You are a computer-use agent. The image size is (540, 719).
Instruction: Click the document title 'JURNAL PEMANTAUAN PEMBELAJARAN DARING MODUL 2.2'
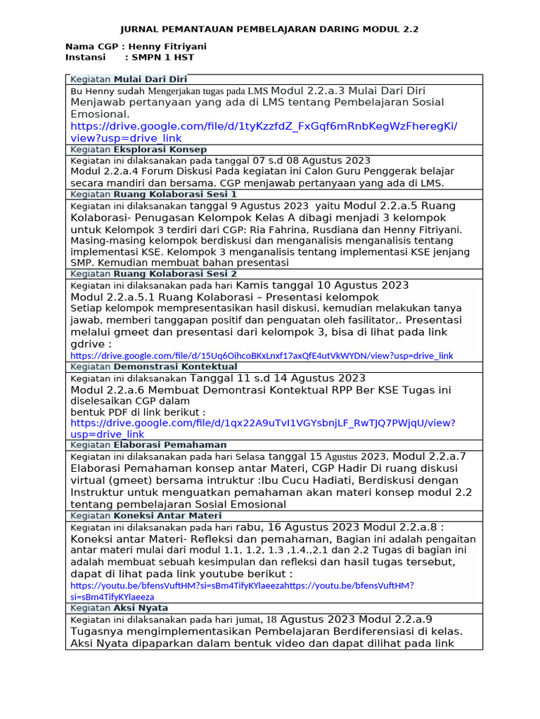click(x=269, y=29)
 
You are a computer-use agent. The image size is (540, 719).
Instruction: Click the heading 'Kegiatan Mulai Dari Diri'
click(x=129, y=79)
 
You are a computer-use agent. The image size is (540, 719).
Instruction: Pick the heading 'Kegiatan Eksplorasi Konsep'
click(x=139, y=150)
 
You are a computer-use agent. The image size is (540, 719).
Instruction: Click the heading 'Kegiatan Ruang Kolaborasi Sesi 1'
click(x=153, y=194)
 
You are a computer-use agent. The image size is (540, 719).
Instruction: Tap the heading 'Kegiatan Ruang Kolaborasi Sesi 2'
click(x=153, y=274)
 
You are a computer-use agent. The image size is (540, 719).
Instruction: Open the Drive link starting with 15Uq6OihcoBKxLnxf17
click(x=262, y=356)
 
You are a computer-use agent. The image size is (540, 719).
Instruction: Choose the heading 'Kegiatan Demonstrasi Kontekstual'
click(x=153, y=367)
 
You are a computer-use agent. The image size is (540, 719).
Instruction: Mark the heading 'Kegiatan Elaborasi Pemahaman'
click(x=148, y=444)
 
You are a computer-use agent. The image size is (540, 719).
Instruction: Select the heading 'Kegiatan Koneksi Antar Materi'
click(x=146, y=515)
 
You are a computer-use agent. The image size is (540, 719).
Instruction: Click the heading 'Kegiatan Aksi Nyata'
click(x=119, y=607)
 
